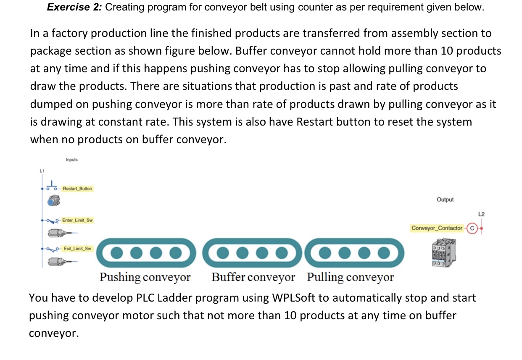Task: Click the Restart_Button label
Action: [78, 189]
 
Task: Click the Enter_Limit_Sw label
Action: [77, 220]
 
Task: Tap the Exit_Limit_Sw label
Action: [77, 249]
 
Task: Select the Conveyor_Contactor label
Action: [437, 228]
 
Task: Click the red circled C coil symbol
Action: [472, 228]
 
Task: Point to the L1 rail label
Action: [41, 171]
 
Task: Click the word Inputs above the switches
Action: [71, 160]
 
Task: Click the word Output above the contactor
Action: [445, 200]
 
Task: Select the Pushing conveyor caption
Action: [145, 278]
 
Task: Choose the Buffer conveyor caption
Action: [253, 278]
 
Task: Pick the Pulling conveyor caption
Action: [350, 278]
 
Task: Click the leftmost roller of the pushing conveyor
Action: [117, 252]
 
